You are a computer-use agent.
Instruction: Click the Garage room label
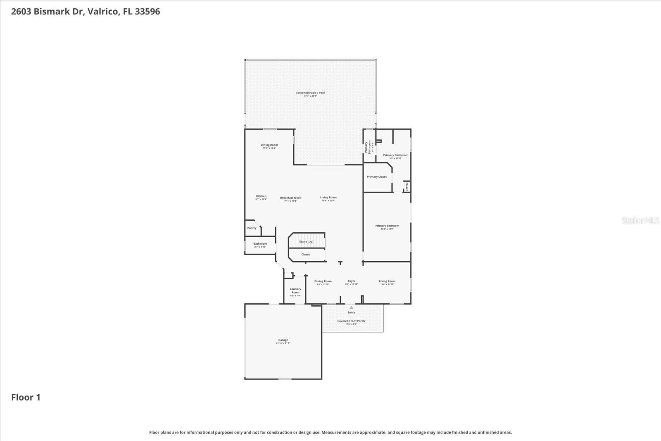click(x=283, y=340)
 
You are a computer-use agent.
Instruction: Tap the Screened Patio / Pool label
click(x=310, y=93)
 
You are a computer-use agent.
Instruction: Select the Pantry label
click(x=252, y=228)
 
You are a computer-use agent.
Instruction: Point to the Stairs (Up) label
click(x=306, y=241)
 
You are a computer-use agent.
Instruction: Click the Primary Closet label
click(x=376, y=177)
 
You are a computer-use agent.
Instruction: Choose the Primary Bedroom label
click(x=387, y=226)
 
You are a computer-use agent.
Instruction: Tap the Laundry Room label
click(x=295, y=291)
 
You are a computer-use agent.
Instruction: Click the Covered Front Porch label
click(x=351, y=321)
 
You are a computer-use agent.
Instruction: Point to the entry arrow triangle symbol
click(x=351, y=308)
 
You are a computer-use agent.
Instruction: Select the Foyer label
click(x=351, y=281)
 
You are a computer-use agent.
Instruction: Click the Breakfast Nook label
click(x=290, y=198)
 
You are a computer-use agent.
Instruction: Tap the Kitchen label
click(x=261, y=196)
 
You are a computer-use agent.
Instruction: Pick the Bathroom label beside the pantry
click(x=260, y=244)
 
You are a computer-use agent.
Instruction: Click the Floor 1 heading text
click(x=26, y=398)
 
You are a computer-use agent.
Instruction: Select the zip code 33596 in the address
click(x=147, y=12)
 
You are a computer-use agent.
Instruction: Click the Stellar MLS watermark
click(x=640, y=221)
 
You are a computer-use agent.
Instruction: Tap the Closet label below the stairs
click(x=305, y=255)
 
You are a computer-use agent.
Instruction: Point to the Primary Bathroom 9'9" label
click(x=395, y=155)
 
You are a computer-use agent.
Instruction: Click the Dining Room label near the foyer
click(x=323, y=281)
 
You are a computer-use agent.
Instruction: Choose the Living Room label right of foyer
click(x=387, y=281)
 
